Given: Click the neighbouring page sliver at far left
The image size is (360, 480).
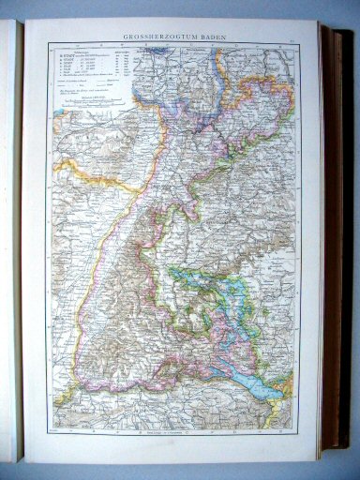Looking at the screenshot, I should tap(11, 234).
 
